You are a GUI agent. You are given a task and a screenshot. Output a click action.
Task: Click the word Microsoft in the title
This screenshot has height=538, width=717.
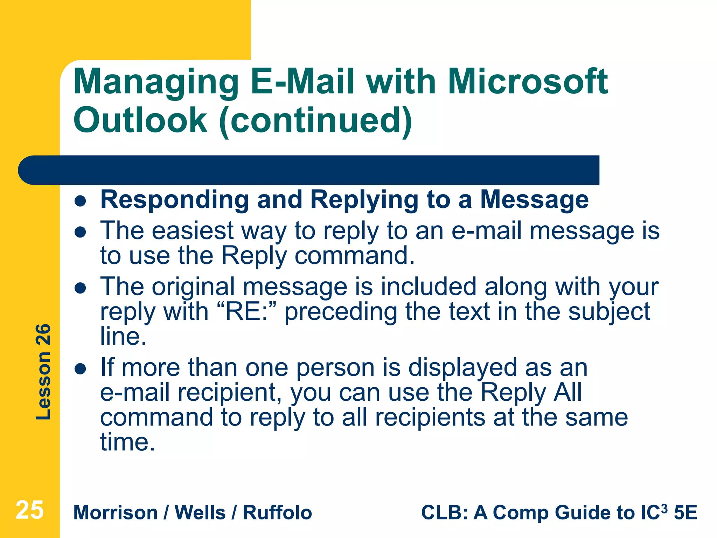coord(528,82)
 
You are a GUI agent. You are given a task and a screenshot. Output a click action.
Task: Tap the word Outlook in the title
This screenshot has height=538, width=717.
coord(140,120)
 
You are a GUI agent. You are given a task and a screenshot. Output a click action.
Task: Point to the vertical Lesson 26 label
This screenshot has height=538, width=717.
coord(43,372)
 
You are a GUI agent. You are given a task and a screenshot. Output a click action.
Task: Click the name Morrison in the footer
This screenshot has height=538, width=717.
coord(116,512)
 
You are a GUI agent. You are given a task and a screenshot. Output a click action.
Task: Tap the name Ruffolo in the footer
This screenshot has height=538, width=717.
coord(277,512)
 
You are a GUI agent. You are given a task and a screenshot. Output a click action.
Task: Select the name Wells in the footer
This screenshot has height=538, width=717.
coord(200,512)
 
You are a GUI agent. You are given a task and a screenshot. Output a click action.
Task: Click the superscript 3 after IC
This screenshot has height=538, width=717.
coord(664,508)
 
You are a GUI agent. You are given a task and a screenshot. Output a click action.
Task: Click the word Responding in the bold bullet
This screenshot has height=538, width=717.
coord(175,199)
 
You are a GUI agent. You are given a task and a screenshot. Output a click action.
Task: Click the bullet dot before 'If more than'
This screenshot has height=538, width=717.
coord(81,368)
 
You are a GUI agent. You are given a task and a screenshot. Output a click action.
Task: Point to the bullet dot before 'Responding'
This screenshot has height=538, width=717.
coord(81,201)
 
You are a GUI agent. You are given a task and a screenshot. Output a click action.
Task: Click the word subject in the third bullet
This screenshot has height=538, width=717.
coord(609,312)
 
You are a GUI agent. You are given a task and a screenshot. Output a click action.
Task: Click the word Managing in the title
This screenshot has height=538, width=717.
coord(156,82)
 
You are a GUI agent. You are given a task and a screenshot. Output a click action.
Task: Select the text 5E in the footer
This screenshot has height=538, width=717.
coord(685,512)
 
